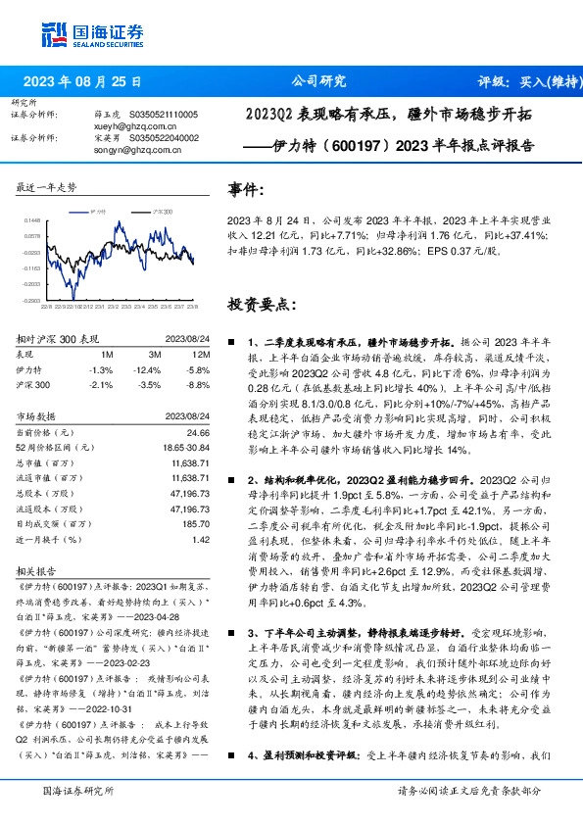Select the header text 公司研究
tap(319, 81)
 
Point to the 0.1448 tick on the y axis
tap(32, 221)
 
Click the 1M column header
tap(106, 354)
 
